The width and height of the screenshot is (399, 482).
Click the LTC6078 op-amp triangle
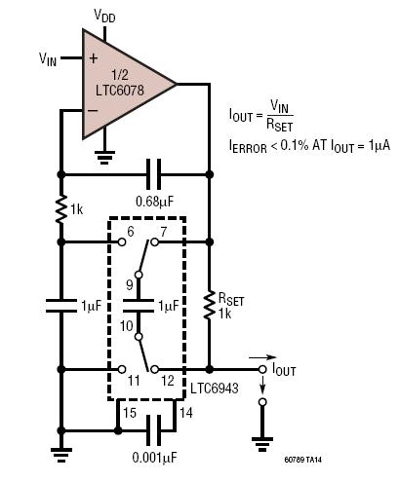[127, 85]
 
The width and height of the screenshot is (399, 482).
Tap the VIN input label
[48, 59]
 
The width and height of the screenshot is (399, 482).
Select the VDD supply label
[104, 16]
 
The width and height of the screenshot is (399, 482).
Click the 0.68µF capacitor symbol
[153, 174]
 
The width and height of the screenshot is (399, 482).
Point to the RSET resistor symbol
[210, 305]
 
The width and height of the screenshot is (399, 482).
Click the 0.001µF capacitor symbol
[153, 430]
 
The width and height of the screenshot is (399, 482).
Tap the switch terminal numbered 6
[122, 241]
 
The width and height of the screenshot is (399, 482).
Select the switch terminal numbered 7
[155, 241]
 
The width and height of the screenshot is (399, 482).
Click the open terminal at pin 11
[122, 369]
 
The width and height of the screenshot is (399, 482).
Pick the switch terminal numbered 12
[155, 369]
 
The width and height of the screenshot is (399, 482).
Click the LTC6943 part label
[215, 388]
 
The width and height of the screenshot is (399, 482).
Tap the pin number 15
[130, 413]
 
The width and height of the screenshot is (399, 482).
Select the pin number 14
[186, 413]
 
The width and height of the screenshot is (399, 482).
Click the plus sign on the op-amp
[94, 58]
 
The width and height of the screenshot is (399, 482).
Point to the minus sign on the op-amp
[93, 110]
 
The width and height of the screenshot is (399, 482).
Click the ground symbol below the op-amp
[104, 157]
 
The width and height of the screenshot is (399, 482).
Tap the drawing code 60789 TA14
[303, 460]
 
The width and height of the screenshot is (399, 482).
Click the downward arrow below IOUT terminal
[262, 384]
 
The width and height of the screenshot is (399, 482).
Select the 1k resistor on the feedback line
[60, 209]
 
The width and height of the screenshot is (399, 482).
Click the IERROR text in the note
[248, 146]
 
